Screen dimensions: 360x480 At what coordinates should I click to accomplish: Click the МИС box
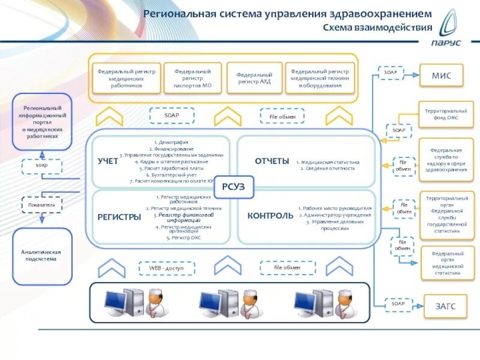441,76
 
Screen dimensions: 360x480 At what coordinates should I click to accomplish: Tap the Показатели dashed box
41,205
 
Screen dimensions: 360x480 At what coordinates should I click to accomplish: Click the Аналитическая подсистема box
42,256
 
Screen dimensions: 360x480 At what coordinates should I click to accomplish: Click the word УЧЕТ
108,161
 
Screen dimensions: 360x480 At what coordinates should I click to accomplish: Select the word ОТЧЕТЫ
272,161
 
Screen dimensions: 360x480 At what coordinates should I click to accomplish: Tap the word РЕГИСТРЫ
119,217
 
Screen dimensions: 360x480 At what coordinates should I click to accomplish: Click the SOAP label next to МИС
391,73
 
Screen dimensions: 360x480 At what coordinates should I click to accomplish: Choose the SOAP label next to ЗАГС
398,304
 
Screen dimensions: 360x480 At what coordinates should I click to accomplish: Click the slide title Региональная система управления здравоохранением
287,14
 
